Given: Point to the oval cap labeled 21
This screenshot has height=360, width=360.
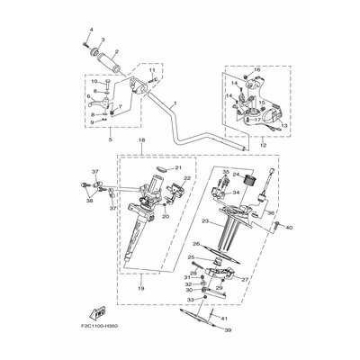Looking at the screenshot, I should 160,170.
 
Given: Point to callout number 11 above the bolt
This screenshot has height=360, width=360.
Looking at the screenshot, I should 153,69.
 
